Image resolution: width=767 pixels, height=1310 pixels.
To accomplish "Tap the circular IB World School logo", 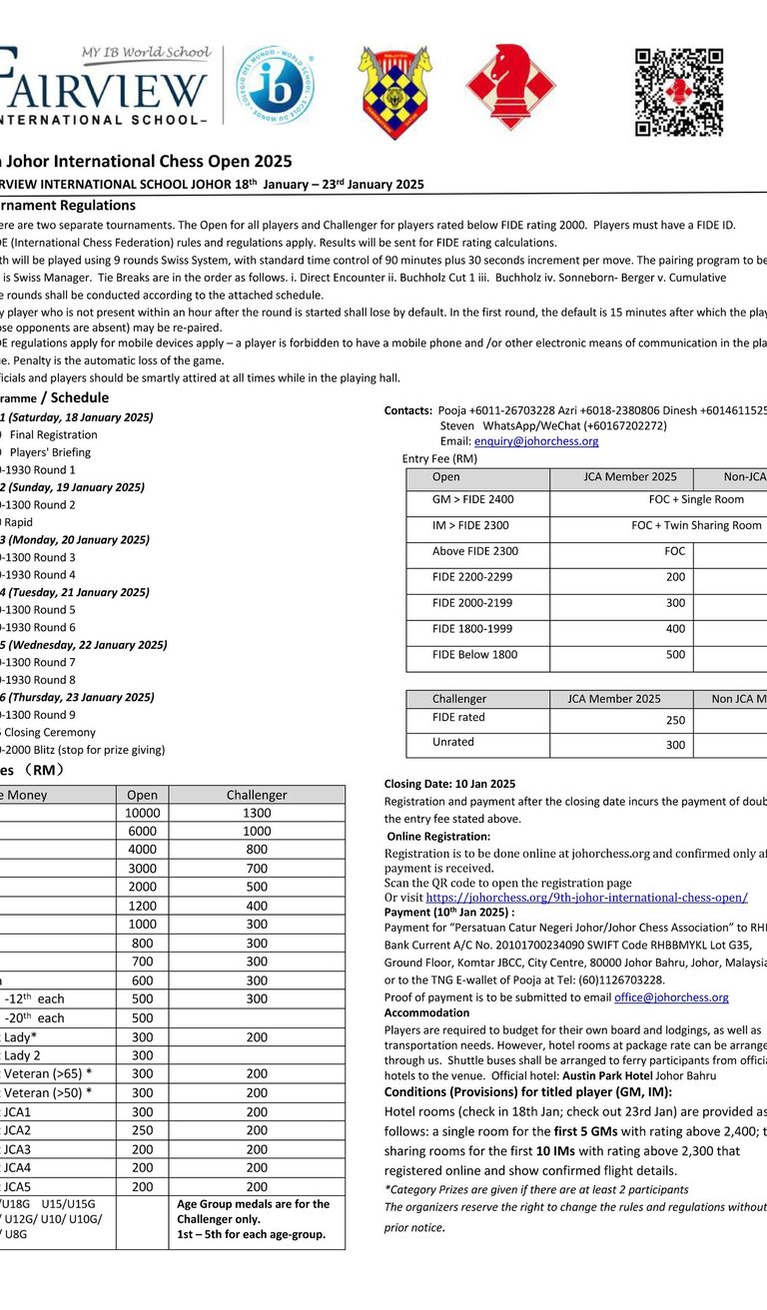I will click(276, 86).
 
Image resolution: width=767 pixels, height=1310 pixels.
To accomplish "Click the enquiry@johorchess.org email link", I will click(536, 441).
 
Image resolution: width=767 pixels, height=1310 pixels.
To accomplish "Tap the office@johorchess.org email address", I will click(671, 997).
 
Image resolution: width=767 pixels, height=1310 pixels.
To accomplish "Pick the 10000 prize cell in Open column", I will click(142, 813).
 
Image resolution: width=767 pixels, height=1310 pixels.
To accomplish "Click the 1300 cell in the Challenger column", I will click(257, 813).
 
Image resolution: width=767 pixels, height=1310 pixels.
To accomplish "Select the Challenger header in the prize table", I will click(257, 795).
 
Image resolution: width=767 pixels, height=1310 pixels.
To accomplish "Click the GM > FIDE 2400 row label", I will click(473, 499).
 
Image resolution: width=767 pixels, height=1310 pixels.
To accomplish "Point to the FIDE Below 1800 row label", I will click(475, 655).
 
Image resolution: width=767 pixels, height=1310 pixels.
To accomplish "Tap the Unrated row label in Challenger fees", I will click(453, 742).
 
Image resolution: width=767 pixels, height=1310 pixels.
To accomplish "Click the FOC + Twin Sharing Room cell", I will click(696, 525).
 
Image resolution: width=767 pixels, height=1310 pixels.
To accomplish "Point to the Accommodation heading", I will click(426, 1012).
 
